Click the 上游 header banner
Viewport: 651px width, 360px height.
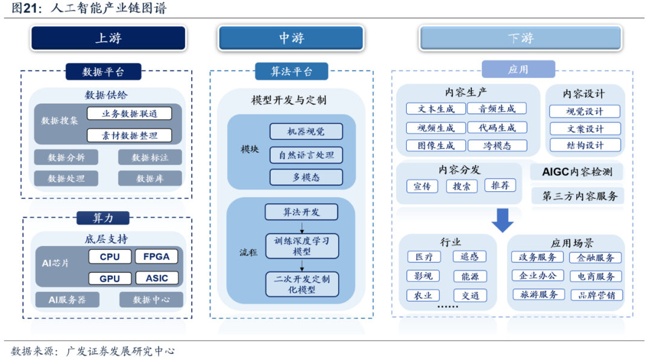coord(108,38)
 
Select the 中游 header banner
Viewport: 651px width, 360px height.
coord(291,38)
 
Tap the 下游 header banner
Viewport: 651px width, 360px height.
coord(520,38)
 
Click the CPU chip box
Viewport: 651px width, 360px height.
coord(110,257)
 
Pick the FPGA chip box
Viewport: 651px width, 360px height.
coord(157,257)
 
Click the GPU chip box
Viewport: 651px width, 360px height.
coord(110,278)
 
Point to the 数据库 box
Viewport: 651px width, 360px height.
coord(149,178)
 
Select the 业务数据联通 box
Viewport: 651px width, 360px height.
coord(129,113)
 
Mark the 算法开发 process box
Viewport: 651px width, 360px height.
coord(301,212)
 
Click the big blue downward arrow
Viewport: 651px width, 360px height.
coord(502,220)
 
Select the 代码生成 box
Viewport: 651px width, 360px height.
coord(497,128)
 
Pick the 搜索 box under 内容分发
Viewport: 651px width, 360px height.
coord(462,186)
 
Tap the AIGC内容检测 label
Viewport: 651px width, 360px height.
coord(577,172)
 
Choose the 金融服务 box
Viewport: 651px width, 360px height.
coord(596,257)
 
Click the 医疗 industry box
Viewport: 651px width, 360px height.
coord(420,257)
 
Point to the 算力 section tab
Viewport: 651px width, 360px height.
coord(103,218)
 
